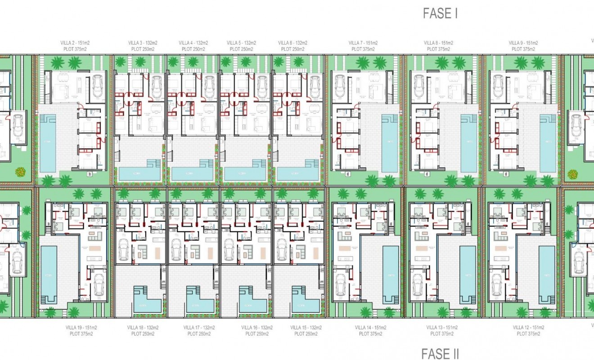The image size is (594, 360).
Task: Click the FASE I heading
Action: click(x=440, y=13)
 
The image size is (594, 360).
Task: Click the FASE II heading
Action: click(x=440, y=354)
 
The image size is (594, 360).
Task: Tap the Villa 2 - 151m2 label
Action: click(x=75, y=43)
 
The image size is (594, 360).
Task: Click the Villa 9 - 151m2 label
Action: click(x=523, y=43)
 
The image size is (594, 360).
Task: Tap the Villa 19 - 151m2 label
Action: click(x=81, y=328)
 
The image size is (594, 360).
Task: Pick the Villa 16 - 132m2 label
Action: click(x=257, y=328)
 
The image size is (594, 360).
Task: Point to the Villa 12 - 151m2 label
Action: click(x=528, y=328)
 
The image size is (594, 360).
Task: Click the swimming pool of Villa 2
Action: click(x=48, y=143)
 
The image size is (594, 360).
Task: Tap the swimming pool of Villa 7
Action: click(x=390, y=143)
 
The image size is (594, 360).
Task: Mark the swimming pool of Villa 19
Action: click(x=48, y=274)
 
